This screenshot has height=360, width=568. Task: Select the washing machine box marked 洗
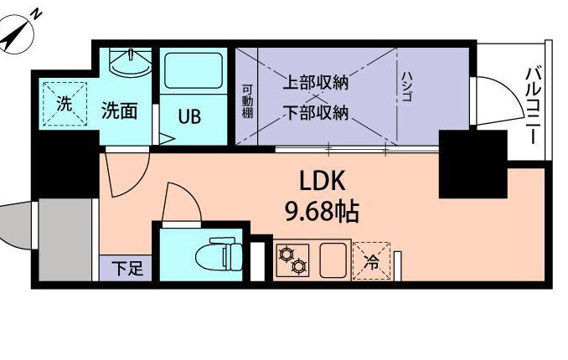coord(64,104)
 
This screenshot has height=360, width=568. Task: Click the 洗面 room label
coord(119,111)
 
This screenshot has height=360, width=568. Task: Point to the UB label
coord(189,116)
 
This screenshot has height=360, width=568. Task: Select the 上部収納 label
coord(314,83)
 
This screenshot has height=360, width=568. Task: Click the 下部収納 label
coord(314,112)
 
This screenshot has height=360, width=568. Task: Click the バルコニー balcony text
coord(532,105)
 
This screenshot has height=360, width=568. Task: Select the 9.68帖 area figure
coord(323,212)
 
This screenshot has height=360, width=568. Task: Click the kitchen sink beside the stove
coord(334,260)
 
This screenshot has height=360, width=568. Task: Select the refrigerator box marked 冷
coord(372,260)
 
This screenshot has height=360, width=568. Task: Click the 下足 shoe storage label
coord(127,270)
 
